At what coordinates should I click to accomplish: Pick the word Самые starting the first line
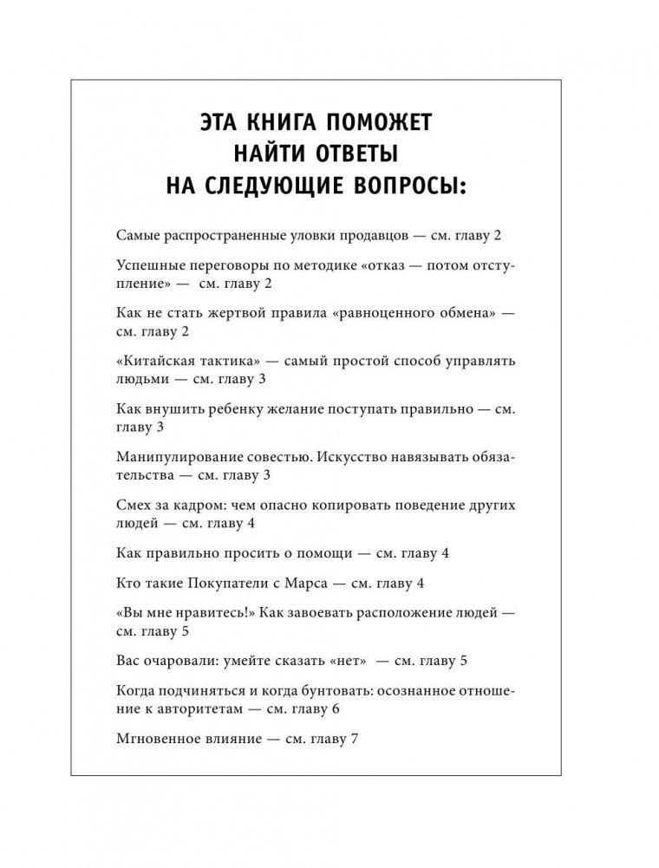click(x=134, y=236)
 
